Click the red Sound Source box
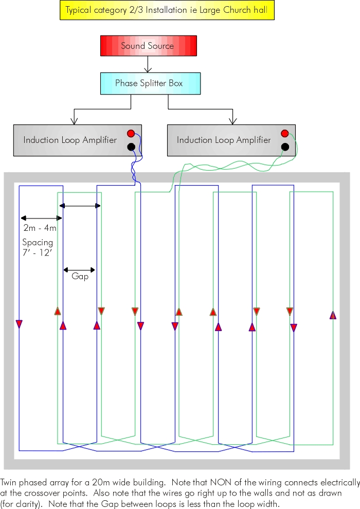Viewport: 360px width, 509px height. coord(148,46)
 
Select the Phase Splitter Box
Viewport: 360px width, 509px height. coord(149,83)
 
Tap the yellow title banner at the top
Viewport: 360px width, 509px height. coord(167,10)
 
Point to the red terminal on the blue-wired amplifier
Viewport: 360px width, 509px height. coord(131,134)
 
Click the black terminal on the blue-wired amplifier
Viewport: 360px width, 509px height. coord(131,147)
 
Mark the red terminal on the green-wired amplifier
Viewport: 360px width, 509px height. coord(285,134)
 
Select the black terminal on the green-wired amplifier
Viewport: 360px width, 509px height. coord(285,147)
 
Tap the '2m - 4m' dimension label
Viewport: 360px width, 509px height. coord(40,228)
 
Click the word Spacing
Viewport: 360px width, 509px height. coord(38,242)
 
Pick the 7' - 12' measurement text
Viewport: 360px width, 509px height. coord(37,252)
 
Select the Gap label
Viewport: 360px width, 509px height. coord(80,277)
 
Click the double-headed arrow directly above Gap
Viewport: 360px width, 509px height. coord(79,269)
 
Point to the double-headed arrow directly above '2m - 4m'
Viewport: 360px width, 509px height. coord(40,218)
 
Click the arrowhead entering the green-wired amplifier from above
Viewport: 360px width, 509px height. coord(232,121)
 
